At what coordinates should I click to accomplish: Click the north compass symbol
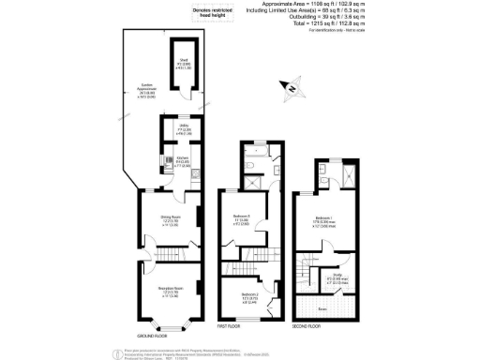[x=292, y=88]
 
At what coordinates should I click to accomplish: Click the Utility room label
[x=172, y=130]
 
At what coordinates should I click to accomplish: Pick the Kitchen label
[x=170, y=160]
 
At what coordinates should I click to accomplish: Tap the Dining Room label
[x=169, y=222]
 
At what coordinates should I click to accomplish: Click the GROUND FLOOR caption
[x=152, y=335]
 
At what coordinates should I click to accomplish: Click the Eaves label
[x=321, y=307]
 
